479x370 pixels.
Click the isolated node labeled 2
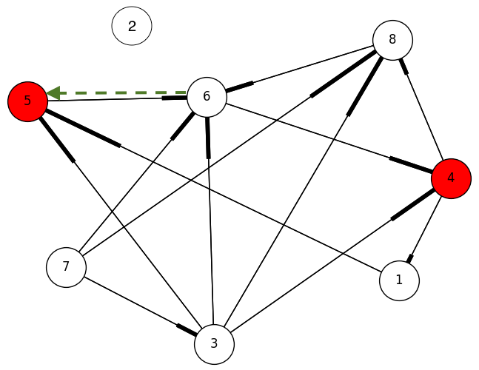coord(132,27)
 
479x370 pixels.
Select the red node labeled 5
coord(27,101)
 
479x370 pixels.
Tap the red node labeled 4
coord(451,178)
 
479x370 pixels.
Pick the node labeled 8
coord(392,40)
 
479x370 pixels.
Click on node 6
coord(207,96)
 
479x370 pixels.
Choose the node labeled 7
coord(66,266)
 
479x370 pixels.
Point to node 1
coord(399,280)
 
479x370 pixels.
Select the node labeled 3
coord(214,343)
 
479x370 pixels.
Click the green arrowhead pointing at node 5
coord(52,93)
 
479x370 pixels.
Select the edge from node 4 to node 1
coord(425,229)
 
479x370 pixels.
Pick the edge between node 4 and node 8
coord(423,111)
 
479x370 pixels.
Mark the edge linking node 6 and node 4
coord(326,136)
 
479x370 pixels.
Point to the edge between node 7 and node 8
coord(222,156)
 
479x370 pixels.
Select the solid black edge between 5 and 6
coord(111,99)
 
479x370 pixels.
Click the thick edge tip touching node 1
coord(409,258)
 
